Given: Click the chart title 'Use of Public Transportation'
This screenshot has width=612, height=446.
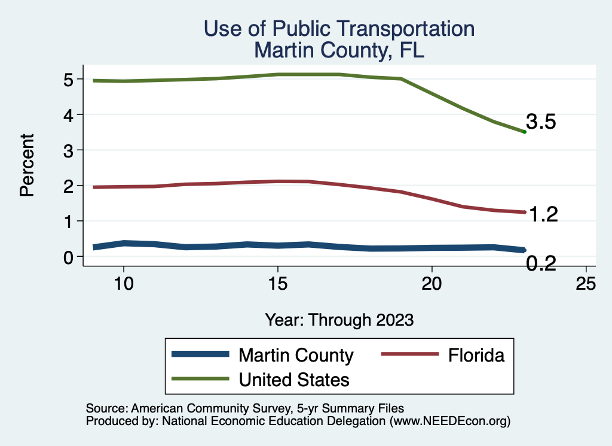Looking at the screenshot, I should [x=339, y=29].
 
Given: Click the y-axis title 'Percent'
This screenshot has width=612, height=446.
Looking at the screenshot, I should [x=26, y=165].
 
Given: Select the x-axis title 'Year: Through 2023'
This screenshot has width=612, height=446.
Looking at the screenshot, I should [x=339, y=320].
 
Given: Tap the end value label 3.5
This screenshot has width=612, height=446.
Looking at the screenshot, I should [x=541, y=122].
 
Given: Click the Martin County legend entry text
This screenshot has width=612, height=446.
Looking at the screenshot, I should [x=296, y=355].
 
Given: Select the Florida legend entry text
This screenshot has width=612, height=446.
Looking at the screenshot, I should [x=476, y=355].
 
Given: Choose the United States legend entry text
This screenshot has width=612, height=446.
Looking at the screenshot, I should [x=294, y=379].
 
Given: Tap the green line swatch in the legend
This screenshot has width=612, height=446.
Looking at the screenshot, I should [x=201, y=378].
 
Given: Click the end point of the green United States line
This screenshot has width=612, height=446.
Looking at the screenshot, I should [x=524, y=132].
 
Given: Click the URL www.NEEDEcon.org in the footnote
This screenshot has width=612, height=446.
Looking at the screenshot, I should [x=449, y=421].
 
